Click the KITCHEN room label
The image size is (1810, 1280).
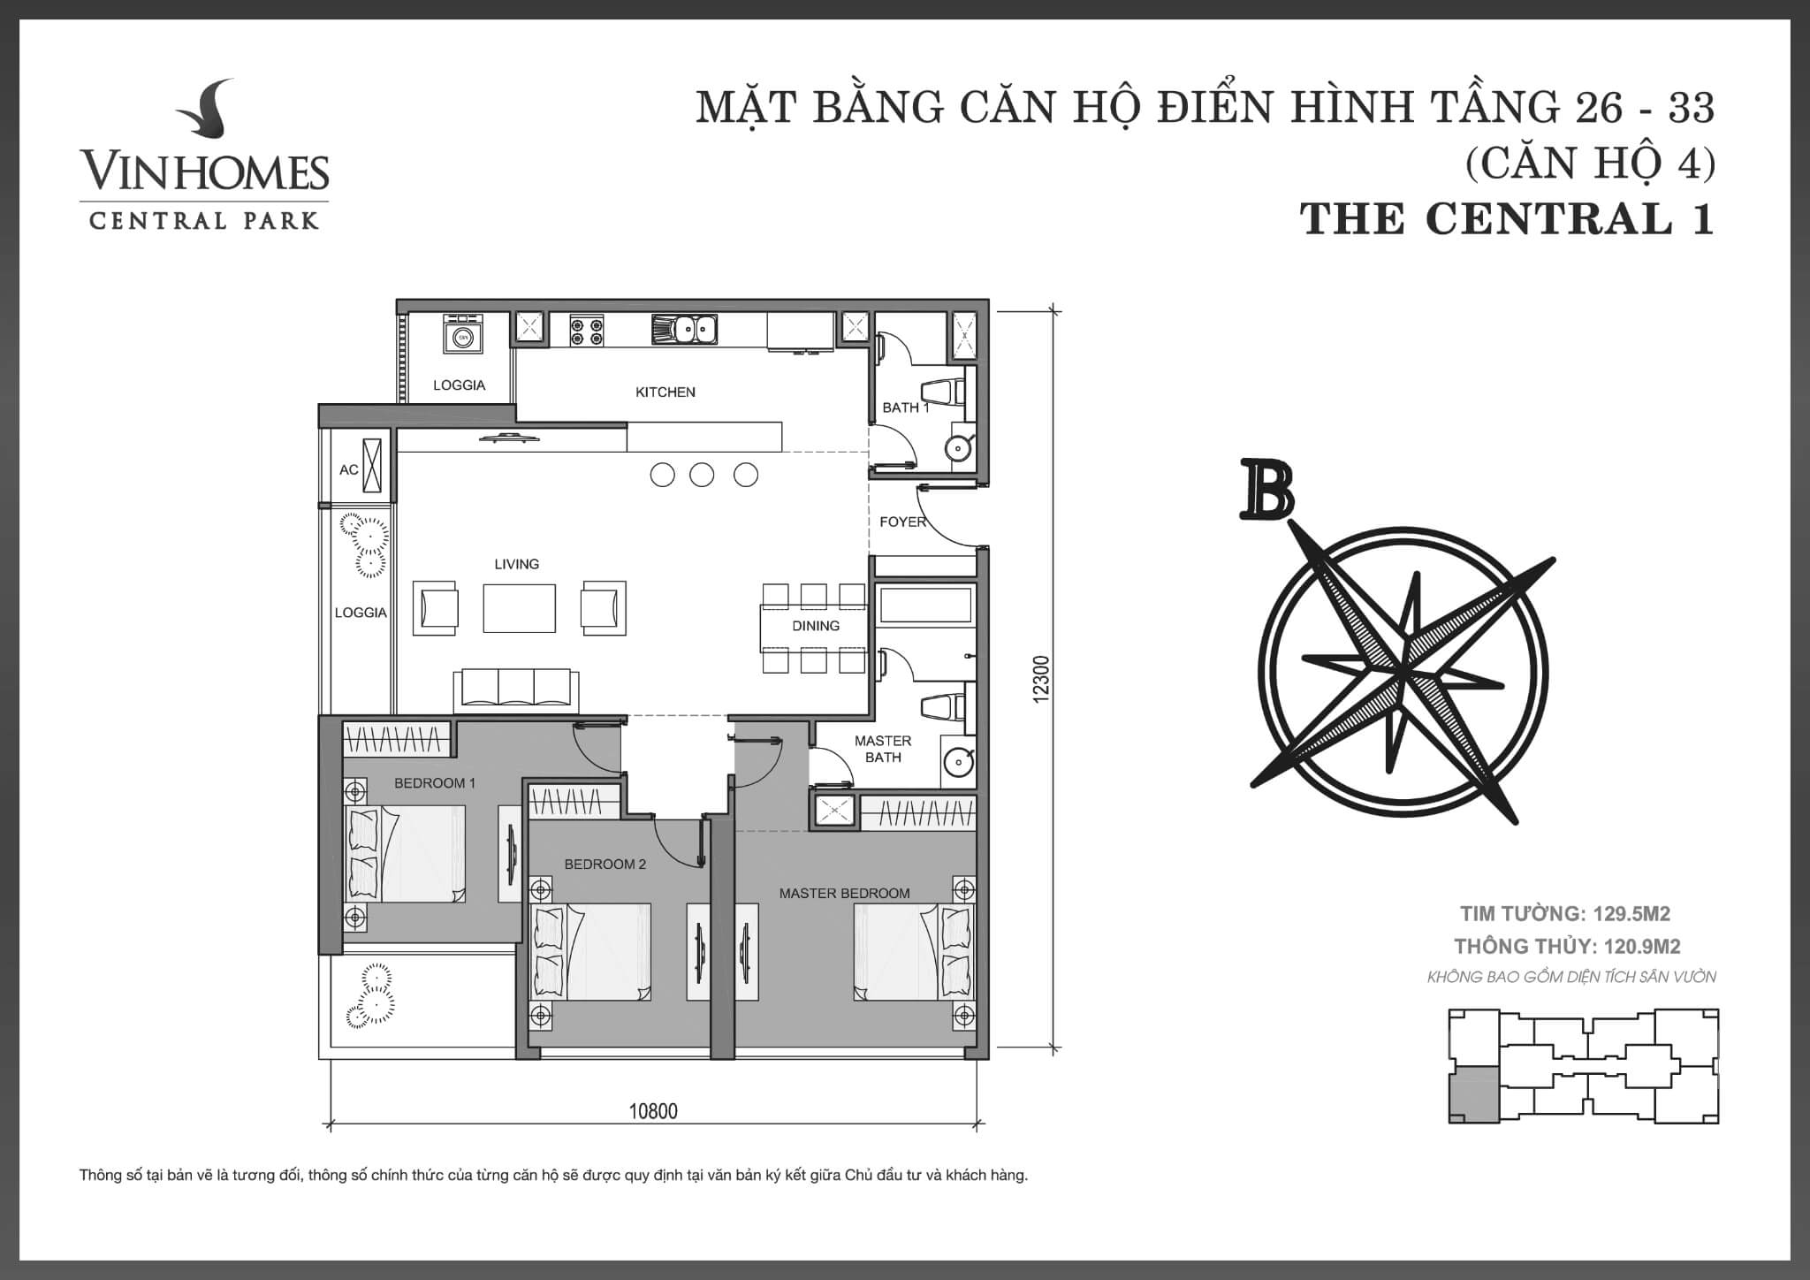point(665,392)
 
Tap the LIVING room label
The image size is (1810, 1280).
point(516,564)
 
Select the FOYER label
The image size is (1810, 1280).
point(902,522)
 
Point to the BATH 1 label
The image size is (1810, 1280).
point(906,408)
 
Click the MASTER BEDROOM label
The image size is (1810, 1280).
point(844,894)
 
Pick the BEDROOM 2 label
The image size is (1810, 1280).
point(605,865)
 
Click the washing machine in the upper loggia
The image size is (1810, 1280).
point(462,336)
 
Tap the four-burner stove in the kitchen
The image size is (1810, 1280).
point(587,330)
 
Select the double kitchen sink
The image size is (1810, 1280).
point(685,330)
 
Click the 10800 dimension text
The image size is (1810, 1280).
point(653,1111)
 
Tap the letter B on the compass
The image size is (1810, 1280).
point(1267,489)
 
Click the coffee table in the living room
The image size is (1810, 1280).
point(520,608)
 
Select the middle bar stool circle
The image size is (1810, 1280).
point(702,475)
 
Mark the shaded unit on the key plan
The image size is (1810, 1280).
point(1473,1094)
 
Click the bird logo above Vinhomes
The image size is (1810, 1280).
point(205,112)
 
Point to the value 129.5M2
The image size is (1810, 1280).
point(1631,914)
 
